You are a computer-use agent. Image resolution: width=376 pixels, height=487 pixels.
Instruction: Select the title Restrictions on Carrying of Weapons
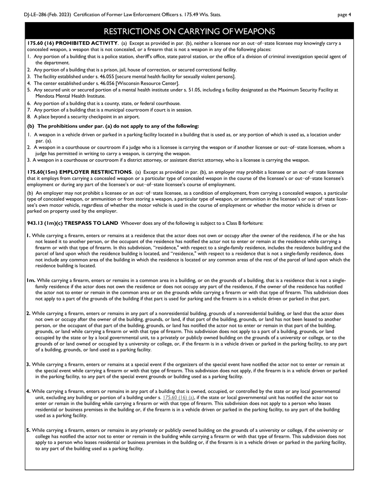pos(189,31)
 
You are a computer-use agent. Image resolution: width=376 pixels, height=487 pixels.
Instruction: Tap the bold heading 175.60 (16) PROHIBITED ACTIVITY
pos(72,43)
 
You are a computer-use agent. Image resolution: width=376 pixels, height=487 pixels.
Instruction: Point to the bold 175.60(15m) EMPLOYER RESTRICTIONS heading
pos(80,172)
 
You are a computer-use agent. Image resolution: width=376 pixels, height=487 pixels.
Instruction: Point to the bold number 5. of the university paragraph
pos(28,430)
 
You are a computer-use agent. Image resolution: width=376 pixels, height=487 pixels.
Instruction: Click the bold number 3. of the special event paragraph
pos(28,364)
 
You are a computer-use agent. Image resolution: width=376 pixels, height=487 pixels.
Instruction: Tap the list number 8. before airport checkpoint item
pos(29,117)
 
